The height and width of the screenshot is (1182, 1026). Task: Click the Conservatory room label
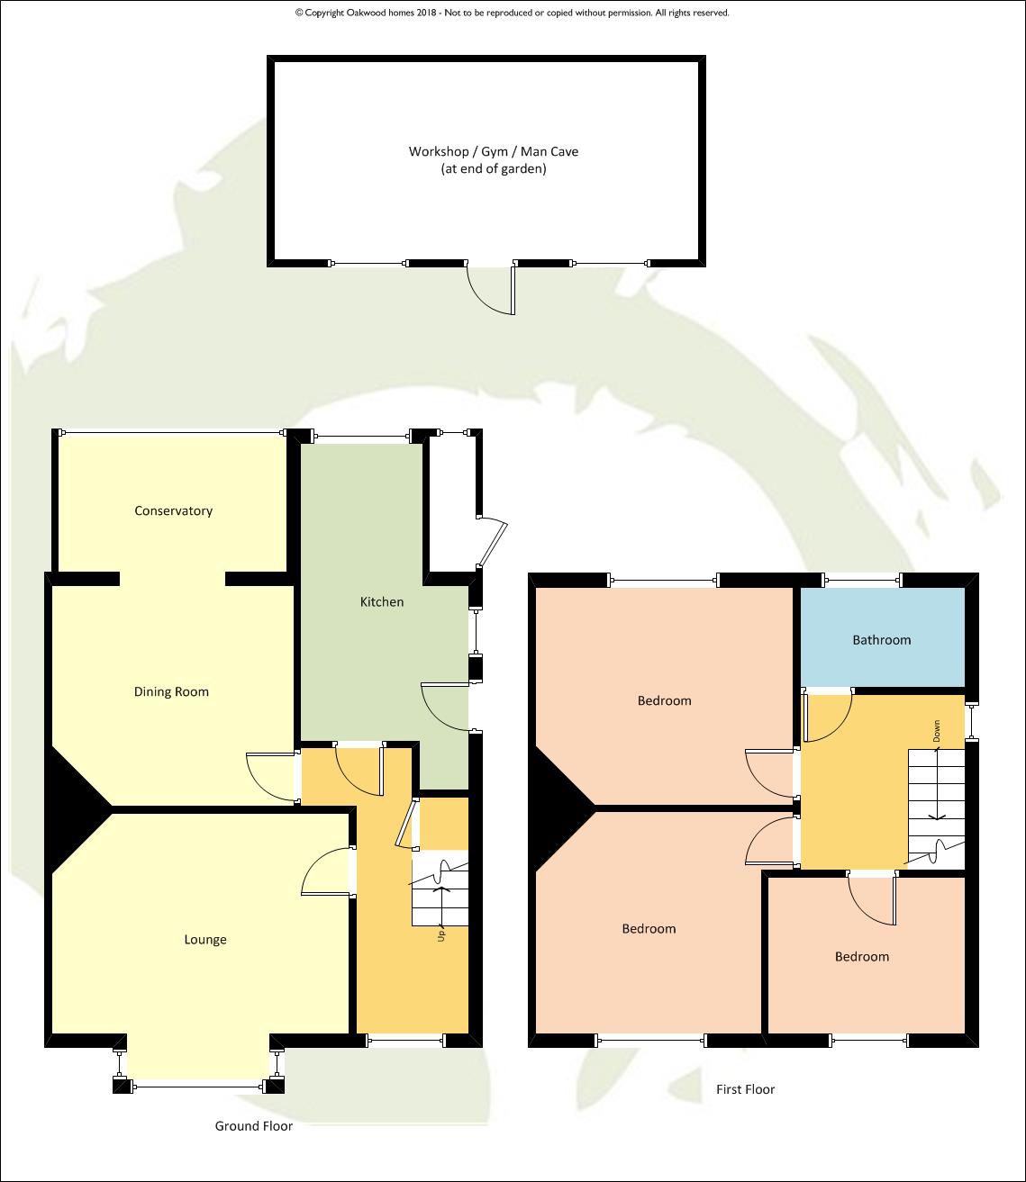point(174,510)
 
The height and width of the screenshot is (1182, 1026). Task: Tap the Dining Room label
point(171,691)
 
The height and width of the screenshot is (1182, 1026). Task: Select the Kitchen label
point(382,602)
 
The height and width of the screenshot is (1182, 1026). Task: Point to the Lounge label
point(205,940)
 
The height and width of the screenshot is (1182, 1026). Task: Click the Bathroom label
point(882,639)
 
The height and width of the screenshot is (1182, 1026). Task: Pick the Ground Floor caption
point(254,1126)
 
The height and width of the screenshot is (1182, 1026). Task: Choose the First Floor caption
point(745,1089)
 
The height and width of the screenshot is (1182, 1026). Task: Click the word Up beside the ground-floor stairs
point(441,935)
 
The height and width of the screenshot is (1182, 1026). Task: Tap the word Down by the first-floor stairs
point(937,731)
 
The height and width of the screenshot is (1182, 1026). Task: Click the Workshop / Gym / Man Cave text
point(493,151)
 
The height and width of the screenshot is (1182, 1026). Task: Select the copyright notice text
point(513,13)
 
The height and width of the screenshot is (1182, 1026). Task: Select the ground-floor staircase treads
point(440,892)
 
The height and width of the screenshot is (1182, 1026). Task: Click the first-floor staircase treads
point(937,808)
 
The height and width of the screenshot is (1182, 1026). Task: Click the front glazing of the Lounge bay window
point(197,1086)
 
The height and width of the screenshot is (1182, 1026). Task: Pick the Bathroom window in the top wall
point(862,580)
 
